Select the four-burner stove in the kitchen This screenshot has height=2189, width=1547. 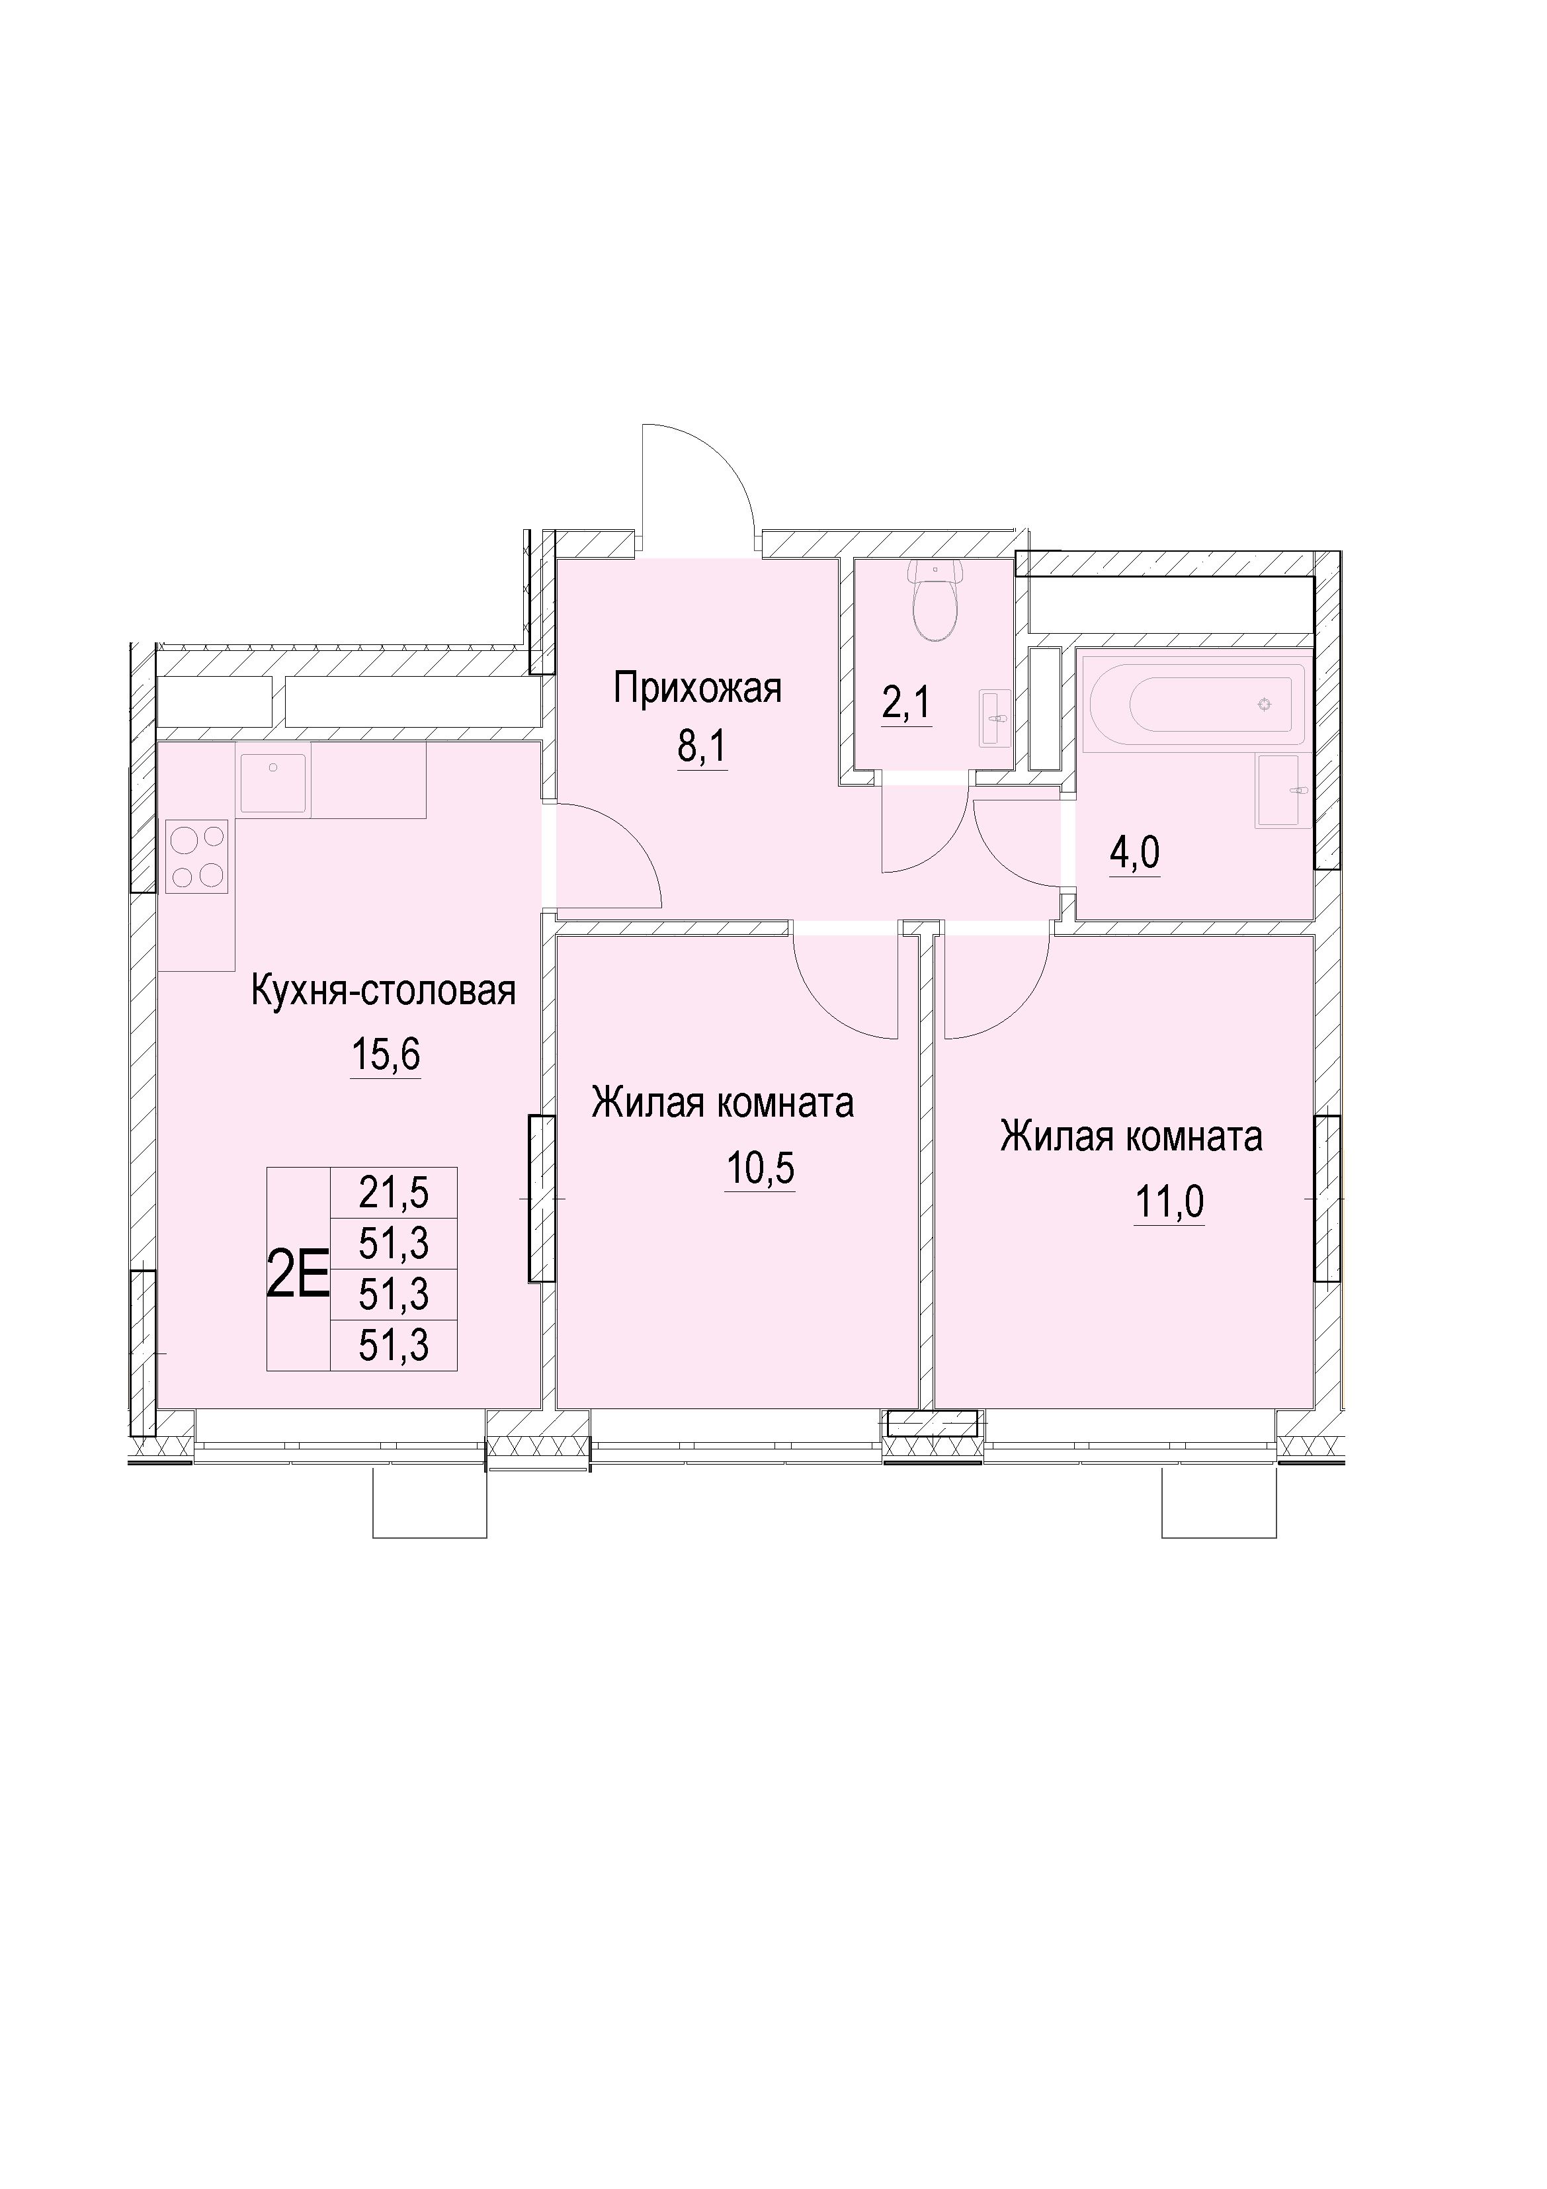(x=197, y=856)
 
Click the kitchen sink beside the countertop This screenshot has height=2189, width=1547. (x=274, y=784)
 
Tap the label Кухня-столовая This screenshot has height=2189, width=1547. (x=383, y=992)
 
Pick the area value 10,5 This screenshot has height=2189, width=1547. (x=760, y=1168)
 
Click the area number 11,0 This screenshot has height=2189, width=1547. (x=1169, y=1201)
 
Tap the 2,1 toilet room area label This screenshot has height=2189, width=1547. (x=907, y=705)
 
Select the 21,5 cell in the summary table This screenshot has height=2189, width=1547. (x=394, y=1192)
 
